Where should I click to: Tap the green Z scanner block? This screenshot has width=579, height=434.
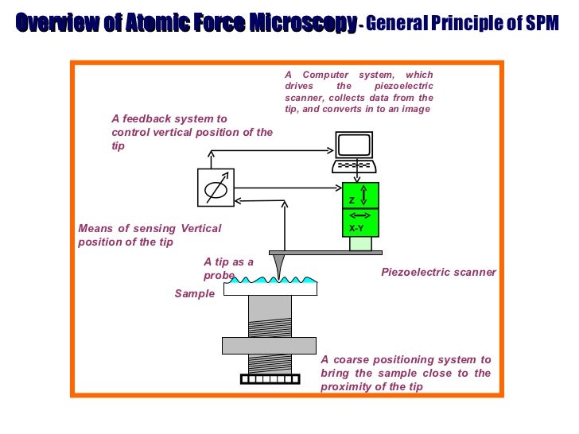pyautogui.click(x=360, y=196)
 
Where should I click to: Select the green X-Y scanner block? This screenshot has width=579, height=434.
pyautogui.click(x=360, y=222)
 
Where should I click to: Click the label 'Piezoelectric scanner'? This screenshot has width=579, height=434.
pyautogui.click(x=438, y=272)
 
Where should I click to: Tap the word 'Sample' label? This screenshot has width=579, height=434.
pyautogui.click(x=195, y=293)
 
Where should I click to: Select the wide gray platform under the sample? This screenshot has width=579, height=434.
pyautogui.click(x=270, y=345)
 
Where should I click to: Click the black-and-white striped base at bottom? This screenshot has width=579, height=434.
pyautogui.click(x=270, y=378)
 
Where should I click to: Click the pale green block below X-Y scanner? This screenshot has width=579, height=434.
pyautogui.click(x=360, y=243)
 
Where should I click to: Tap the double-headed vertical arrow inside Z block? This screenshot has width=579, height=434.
pyautogui.click(x=364, y=196)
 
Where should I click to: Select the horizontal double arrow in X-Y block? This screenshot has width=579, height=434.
pyautogui.click(x=359, y=215)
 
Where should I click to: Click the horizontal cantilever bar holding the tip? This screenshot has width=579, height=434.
pyautogui.click(x=325, y=253)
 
